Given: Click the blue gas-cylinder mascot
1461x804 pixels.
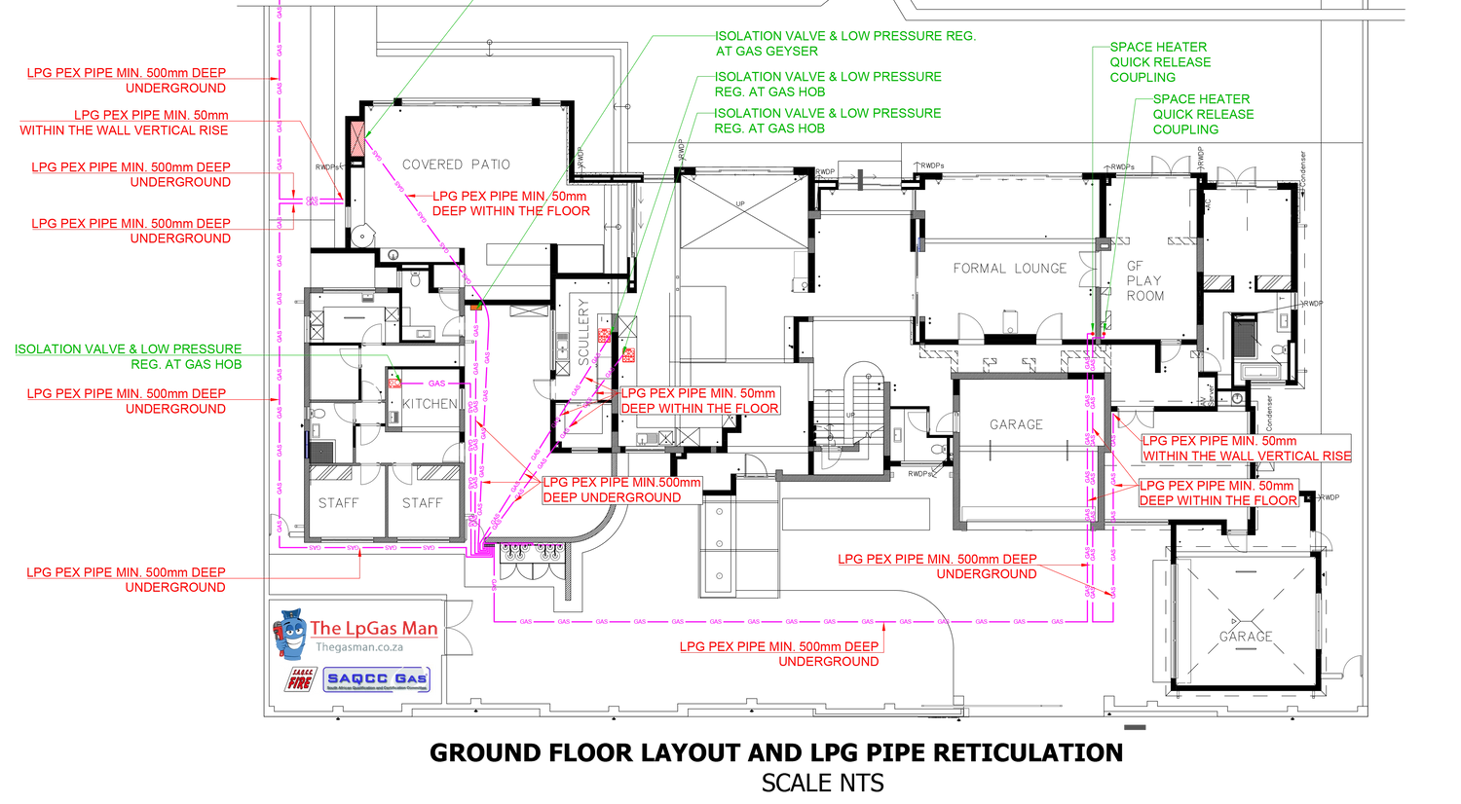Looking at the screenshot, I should click(289, 633).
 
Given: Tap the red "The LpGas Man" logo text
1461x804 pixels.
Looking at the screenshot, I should click(375, 629).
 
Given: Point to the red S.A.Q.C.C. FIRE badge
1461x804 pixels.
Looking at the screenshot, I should click(300, 679).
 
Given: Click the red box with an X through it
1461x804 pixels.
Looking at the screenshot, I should click(358, 139).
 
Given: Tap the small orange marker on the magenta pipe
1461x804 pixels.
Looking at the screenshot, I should click(475, 309).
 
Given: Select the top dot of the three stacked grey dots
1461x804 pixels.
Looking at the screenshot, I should click(720, 512).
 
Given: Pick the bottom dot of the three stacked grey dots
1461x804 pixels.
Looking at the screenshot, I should click(720, 576).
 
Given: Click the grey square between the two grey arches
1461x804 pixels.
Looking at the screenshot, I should click(1010, 321).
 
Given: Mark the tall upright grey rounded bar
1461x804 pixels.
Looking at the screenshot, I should click(1183, 621).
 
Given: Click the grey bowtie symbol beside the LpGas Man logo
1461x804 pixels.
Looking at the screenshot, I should click(459, 628).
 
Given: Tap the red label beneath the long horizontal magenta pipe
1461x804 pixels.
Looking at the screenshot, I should click(782, 654).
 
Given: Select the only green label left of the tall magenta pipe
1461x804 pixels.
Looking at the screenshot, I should click(129, 356).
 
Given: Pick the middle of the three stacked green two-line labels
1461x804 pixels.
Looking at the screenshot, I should click(829, 84).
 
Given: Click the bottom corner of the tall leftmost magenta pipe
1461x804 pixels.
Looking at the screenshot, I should click(281, 546).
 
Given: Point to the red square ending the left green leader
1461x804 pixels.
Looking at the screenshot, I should click(394, 384).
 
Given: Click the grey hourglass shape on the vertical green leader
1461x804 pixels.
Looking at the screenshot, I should click(1087, 268).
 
